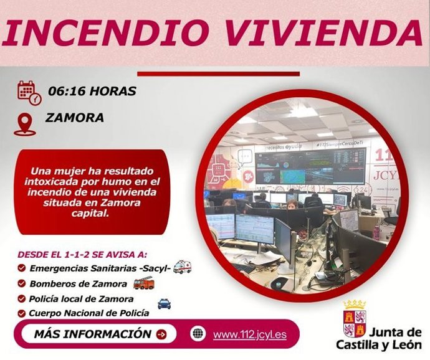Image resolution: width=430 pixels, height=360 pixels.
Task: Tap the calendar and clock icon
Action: coord(29,93)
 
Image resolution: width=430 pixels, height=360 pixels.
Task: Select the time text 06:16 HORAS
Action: coord(90,92)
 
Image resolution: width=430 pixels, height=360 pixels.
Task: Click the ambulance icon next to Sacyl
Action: coord(182,267)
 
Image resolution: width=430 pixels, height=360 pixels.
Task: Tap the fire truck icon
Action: coord(143,283)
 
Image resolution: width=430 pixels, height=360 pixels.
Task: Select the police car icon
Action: coord(164,303)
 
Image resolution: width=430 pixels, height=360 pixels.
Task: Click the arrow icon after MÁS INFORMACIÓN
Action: coord(162,334)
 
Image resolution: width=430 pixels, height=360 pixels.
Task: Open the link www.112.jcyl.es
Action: coord(249,334)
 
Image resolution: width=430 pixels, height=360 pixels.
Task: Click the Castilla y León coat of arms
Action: coord(355,321)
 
